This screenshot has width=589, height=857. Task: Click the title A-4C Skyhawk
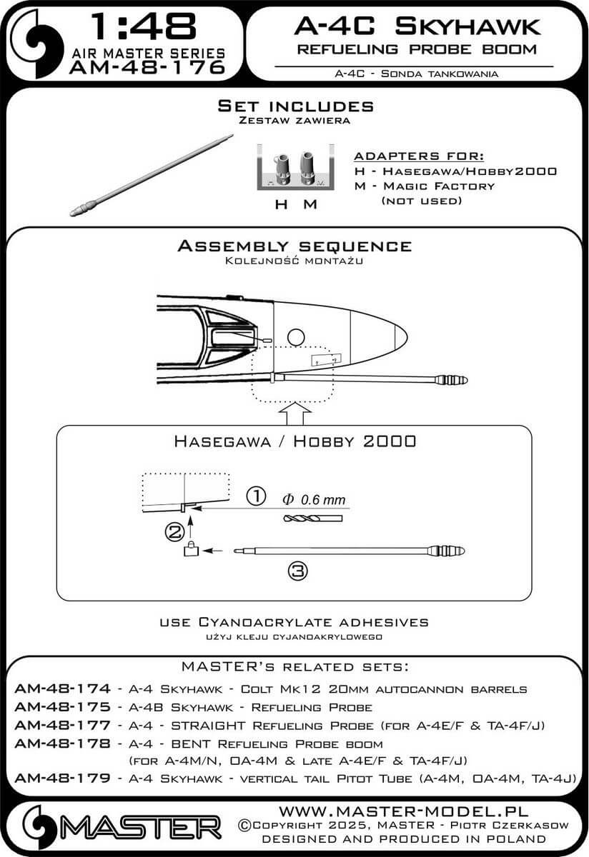pyautogui.click(x=417, y=27)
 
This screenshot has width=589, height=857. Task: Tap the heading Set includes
pyautogui.click(x=295, y=106)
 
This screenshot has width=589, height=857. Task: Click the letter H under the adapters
pyautogui.click(x=282, y=205)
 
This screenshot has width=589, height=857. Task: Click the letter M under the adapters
pyautogui.click(x=310, y=205)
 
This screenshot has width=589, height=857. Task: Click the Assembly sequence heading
pyautogui.click(x=294, y=246)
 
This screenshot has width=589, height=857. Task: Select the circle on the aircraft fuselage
pyautogui.click(x=295, y=336)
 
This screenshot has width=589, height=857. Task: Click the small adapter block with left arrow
pyautogui.click(x=191, y=550)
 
